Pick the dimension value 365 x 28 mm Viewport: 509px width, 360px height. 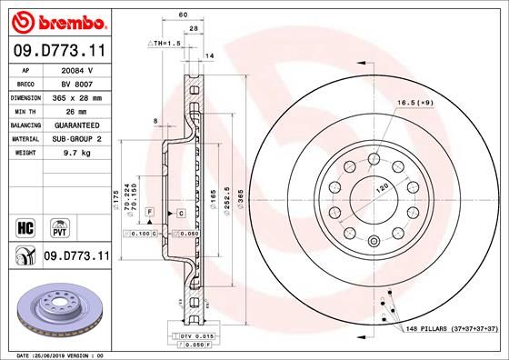[x=76, y=96]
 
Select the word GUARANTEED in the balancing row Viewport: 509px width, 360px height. [x=76, y=125]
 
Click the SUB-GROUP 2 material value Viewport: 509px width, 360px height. [x=76, y=139]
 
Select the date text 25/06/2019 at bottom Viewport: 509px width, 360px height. [x=60, y=355]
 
